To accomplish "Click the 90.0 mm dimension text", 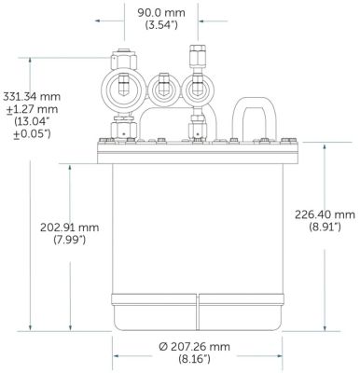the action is pos(161,13).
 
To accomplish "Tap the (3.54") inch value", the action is pos(161,25).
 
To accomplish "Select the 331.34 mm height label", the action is pos(32,96).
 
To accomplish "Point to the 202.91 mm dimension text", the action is pos(69,228).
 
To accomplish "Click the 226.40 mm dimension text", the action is pos(325,214).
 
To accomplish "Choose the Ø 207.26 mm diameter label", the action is pos(195,347).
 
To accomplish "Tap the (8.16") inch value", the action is pos(195,360).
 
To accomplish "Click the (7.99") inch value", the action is pos(69,240).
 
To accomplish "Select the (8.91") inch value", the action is pos(325,228).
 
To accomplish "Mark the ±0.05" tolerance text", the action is pos(32,134).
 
